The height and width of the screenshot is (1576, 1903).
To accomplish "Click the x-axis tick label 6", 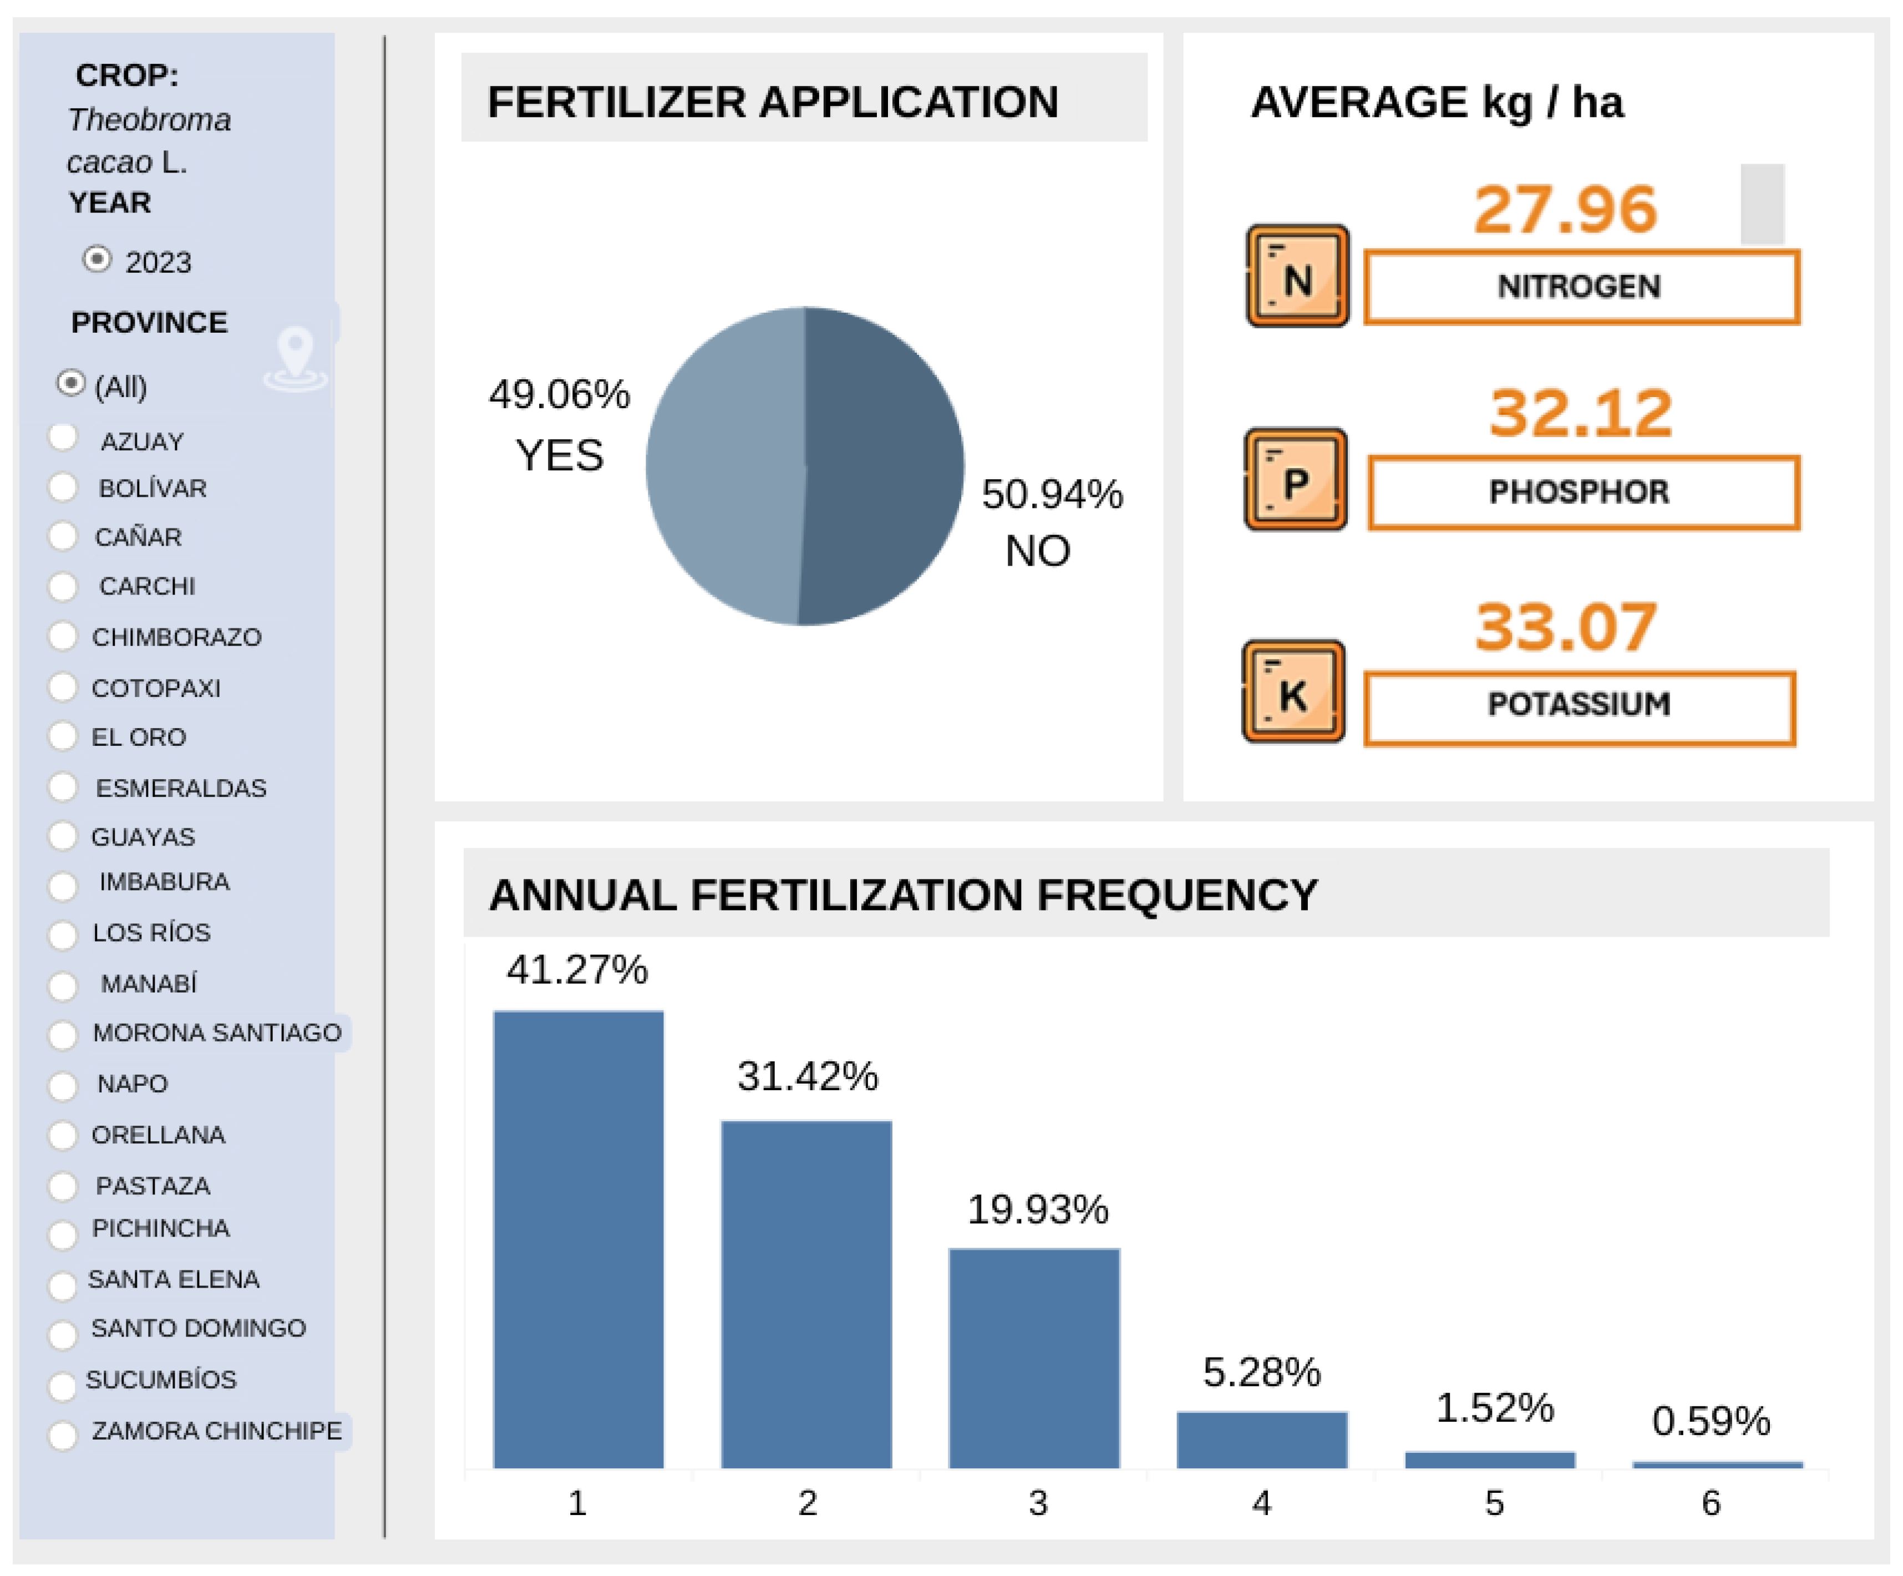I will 1710,1503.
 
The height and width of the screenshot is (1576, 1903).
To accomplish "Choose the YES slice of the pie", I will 725,467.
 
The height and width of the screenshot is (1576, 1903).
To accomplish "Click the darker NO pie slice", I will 884,467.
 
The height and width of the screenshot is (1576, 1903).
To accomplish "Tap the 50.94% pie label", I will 1051,495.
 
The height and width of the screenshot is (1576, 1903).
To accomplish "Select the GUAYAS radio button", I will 63,836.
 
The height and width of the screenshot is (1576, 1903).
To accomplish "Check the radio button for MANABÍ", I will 63,984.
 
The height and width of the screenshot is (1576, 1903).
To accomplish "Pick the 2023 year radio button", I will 97,260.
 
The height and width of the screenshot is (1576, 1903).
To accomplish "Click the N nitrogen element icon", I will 1297,276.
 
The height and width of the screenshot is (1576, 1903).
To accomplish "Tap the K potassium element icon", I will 1293,693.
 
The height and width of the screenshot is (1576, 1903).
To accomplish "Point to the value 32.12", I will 1580,413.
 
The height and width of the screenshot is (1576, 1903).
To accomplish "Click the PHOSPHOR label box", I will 1582,492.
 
